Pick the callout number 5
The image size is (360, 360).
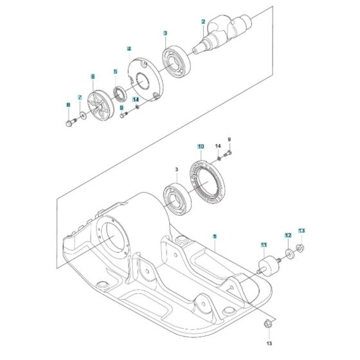[x=116, y=71]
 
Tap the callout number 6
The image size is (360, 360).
[x=93, y=76]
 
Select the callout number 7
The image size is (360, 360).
[x=80, y=98]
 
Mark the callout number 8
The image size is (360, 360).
[x=68, y=104]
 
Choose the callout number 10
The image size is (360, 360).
[x=201, y=147]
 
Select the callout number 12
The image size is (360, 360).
[x=287, y=236]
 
